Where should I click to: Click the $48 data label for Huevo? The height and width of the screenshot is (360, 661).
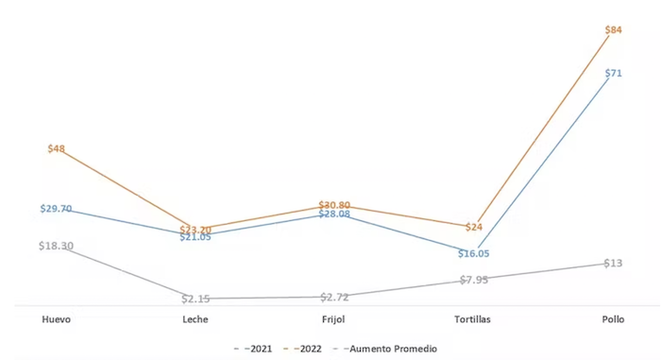pyautogui.click(x=56, y=149)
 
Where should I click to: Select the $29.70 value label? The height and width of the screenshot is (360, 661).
pyautogui.click(x=56, y=208)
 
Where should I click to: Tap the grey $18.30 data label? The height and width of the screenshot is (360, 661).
pyautogui.click(x=56, y=247)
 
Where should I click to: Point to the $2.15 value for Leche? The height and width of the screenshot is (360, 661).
pyautogui.click(x=195, y=299)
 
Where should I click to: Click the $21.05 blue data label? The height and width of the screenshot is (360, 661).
pyautogui.click(x=195, y=237)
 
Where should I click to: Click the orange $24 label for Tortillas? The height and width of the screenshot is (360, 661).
pyautogui.click(x=474, y=227)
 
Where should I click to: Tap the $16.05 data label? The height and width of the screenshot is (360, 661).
pyautogui.click(x=474, y=254)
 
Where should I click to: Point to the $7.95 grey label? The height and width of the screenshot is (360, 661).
pyautogui.click(x=474, y=280)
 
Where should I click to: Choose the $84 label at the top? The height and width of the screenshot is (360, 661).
pyautogui.click(x=613, y=30)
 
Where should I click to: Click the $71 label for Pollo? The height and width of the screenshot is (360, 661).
pyautogui.click(x=613, y=73)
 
